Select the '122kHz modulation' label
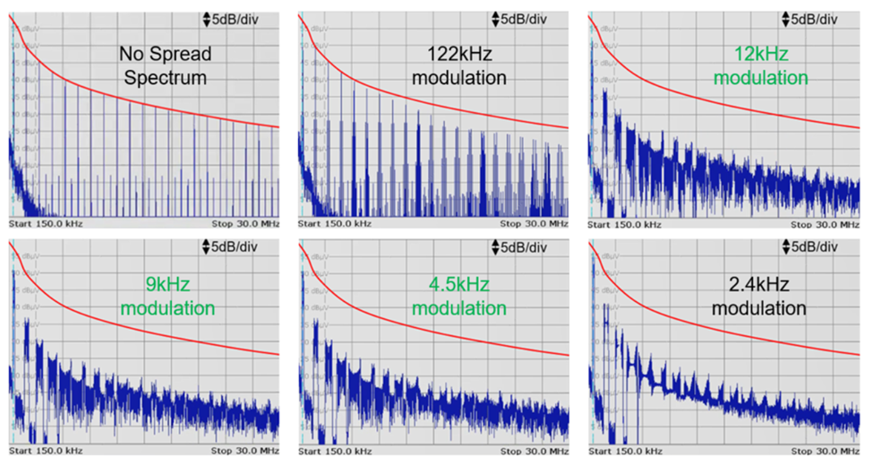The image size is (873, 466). point(459,65)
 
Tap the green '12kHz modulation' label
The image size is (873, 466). point(750,65)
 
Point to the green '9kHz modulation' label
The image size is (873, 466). point(167,297)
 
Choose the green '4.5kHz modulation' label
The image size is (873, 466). point(459,297)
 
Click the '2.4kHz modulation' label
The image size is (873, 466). point(759,297)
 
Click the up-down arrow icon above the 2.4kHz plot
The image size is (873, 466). point(786,246)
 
